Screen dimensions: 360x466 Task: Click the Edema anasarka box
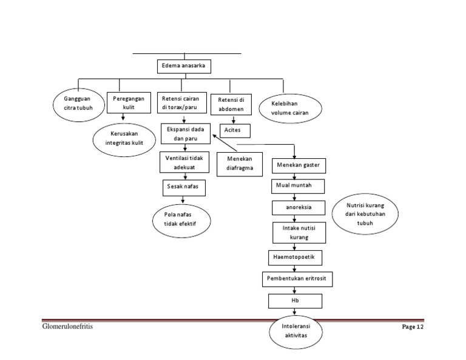[184, 65]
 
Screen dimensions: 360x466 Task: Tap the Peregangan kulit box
[127, 102]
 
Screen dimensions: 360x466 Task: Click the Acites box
[233, 130]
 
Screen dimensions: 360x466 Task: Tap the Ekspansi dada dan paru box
[186, 134]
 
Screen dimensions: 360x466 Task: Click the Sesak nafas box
[183, 188]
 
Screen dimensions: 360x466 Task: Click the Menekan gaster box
[298, 165]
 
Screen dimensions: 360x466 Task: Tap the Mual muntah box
[297, 185]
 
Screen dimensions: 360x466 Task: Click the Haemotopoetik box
[295, 258]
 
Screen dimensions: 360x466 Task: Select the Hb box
[294, 301]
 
